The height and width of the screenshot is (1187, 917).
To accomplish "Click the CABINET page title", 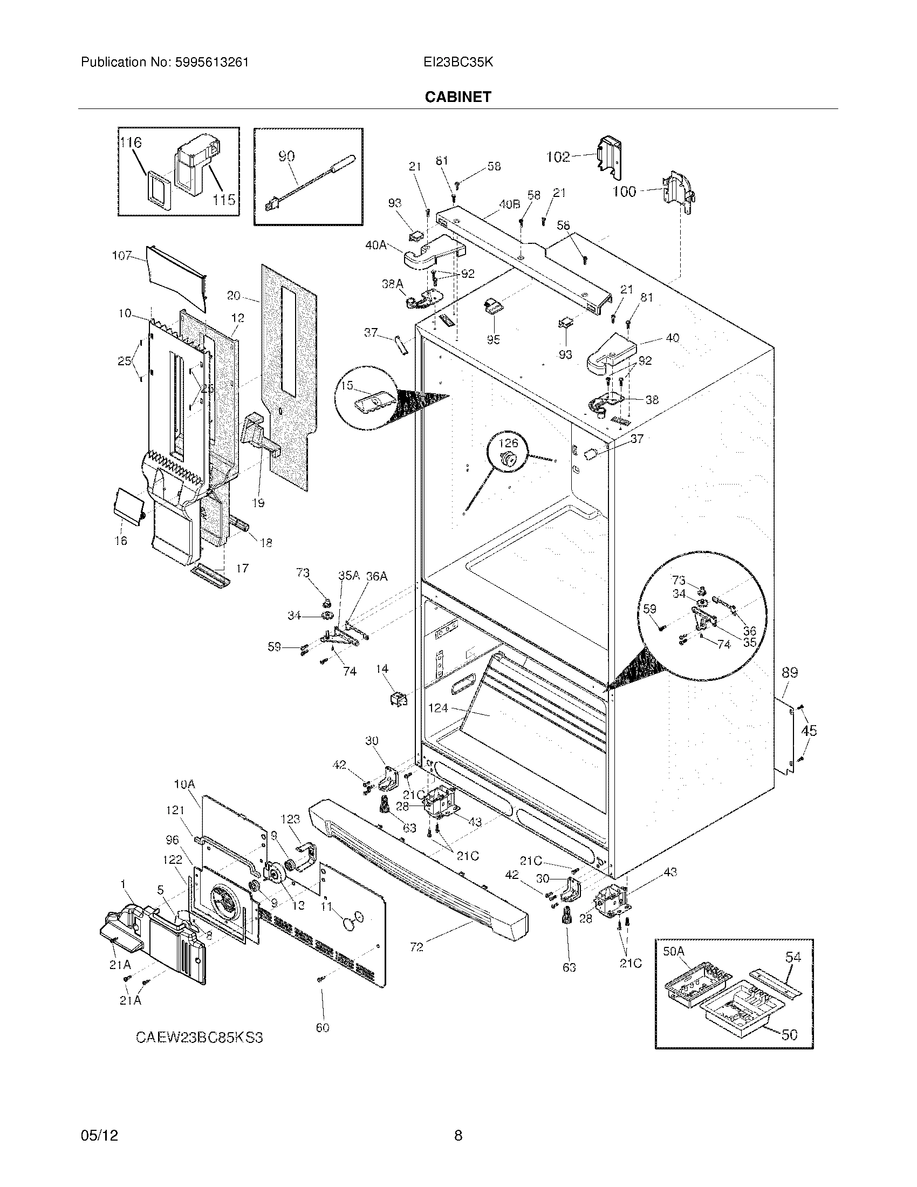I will tap(458, 97).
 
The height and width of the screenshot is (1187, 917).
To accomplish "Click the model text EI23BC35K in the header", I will tap(458, 62).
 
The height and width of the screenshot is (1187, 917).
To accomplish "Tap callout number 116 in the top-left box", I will tap(131, 142).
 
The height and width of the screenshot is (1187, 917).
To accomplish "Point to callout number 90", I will tap(286, 156).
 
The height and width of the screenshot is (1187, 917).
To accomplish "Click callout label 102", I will tap(557, 157).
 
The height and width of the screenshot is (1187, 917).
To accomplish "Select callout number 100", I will tap(624, 192).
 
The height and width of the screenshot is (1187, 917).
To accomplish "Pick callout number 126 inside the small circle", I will tap(508, 443).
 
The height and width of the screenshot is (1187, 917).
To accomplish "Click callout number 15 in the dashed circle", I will tap(347, 385).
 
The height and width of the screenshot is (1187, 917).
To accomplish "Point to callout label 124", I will tap(438, 708).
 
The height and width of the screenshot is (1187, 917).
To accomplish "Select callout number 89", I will tap(789, 672).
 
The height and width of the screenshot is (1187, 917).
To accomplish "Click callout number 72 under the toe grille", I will tap(416, 947).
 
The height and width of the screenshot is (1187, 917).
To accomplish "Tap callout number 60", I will tap(323, 1027).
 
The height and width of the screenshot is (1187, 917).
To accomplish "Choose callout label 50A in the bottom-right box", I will tap(674, 951).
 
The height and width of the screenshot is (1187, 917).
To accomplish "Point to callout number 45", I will tap(809, 731).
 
